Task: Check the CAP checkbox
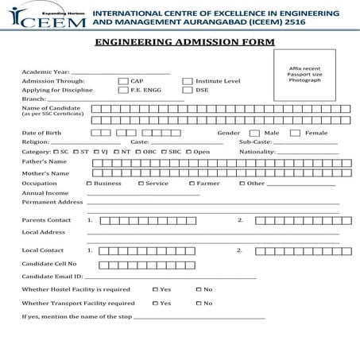(122, 81)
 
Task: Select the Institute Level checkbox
(188, 81)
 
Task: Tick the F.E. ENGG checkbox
(122, 90)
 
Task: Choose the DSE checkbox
(188, 90)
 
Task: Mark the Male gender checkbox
(254, 133)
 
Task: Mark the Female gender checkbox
(295, 133)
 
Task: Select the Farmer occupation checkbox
(192, 183)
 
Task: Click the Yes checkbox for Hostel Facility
(155, 289)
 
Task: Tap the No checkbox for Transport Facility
(199, 303)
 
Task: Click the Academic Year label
(41, 72)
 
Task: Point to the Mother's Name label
(45, 172)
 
